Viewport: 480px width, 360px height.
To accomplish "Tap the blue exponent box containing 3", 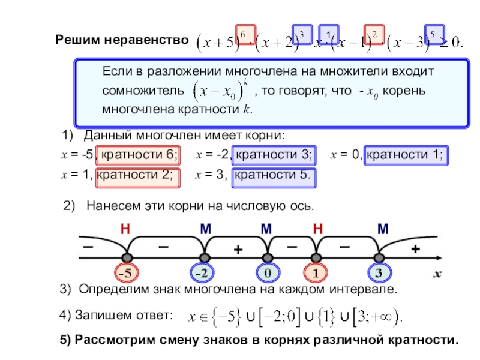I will [301, 34].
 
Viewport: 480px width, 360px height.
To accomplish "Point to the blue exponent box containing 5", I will [433, 34].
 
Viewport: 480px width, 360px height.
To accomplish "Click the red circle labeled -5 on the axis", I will [128, 273].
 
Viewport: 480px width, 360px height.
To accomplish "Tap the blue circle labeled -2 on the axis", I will [203, 273].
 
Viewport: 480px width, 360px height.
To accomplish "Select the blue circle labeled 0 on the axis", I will [268, 273].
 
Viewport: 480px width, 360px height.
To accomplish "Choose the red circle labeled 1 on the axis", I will [314, 273].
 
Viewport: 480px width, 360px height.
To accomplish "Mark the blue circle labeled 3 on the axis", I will [379, 273].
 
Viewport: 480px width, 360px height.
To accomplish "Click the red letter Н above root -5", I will [125, 229].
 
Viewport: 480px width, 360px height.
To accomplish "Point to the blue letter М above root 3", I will [382, 229].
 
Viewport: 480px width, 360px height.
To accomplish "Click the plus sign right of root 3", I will [414, 249].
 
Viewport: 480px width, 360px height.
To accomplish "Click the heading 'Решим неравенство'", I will [122, 40].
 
